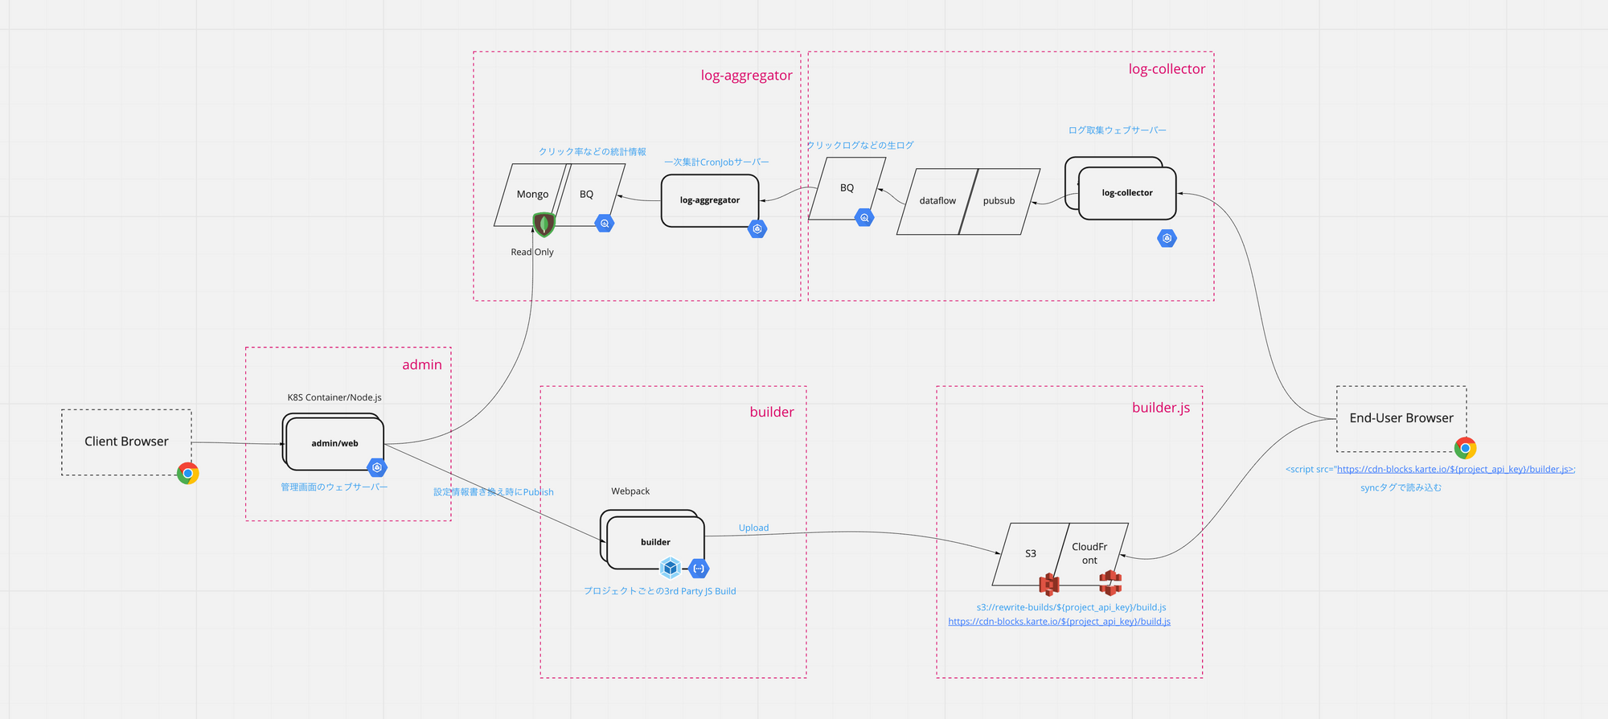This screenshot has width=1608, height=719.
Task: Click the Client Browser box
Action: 126,442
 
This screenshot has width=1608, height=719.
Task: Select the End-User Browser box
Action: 1401,418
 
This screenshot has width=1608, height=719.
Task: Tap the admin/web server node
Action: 334,443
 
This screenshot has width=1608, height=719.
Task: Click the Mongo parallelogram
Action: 531,194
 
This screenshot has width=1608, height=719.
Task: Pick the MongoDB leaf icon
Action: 544,224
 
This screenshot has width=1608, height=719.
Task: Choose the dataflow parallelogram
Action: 937,201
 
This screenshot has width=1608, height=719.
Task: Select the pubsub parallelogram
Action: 999,201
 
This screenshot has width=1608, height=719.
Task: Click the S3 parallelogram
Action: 1030,553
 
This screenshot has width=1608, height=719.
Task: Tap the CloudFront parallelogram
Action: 1089,553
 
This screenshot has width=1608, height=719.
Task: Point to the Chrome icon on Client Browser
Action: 188,474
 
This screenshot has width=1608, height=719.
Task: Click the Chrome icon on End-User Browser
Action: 1465,448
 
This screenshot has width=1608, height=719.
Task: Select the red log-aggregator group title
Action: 746,76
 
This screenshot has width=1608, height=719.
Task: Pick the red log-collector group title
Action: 1167,69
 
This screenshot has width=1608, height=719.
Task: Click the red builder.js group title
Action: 1161,408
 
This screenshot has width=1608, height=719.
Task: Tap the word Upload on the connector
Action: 753,528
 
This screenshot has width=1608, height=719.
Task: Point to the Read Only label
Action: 532,253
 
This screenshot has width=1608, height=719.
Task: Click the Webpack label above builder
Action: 630,491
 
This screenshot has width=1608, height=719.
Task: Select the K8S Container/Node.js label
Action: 334,398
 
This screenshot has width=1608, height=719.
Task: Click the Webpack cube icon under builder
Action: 671,569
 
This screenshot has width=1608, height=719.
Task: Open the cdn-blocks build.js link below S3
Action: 1059,622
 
